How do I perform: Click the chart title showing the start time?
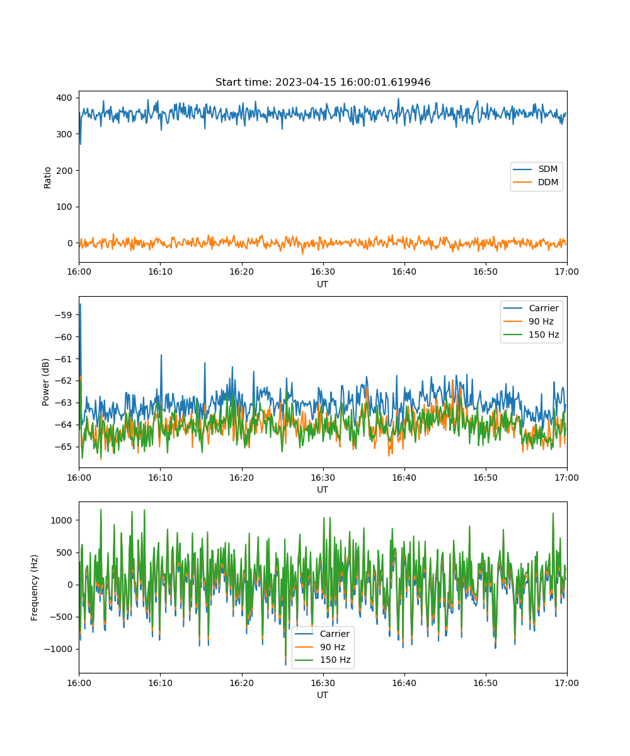[x=323, y=82]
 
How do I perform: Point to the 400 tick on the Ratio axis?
[x=64, y=98]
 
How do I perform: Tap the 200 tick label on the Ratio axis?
[x=64, y=171]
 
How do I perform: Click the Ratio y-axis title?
[x=47, y=178]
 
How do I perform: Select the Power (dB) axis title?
[x=45, y=382]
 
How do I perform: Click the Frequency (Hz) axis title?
[x=34, y=588]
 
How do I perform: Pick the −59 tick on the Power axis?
[x=64, y=315]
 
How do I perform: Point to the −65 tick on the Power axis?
[x=64, y=447]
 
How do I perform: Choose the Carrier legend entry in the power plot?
[x=531, y=308]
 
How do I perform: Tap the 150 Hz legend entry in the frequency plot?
[x=323, y=660]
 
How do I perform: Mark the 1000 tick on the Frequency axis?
[x=61, y=520]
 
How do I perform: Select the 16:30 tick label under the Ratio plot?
[x=323, y=272]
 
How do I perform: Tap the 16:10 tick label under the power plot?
[x=161, y=478]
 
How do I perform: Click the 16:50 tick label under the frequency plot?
[x=486, y=683]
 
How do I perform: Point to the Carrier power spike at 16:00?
[x=81, y=305]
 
